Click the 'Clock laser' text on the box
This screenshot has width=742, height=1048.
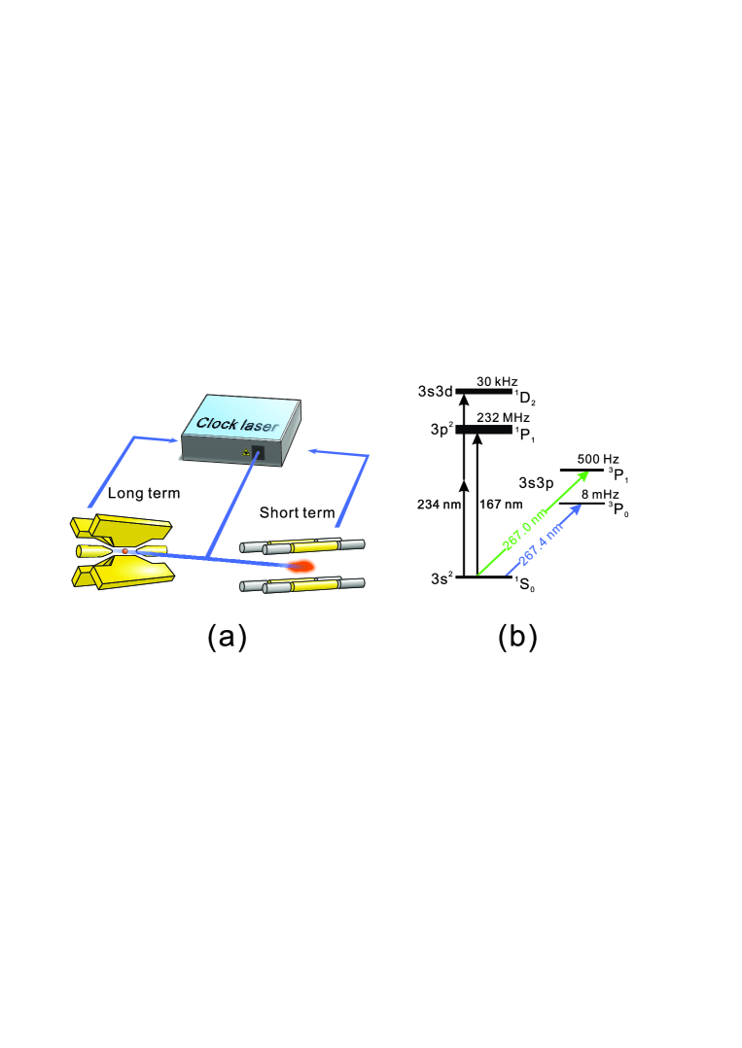pyautogui.click(x=232, y=423)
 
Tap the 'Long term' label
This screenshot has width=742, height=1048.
pyautogui.click(x=144, y=493)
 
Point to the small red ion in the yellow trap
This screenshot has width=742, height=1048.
pyautogui.click(x=125, y=551)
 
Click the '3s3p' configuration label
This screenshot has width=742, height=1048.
pyautogui.click(x=537, y=482)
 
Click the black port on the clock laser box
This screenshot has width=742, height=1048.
pyautogui.click(x=258, y=453)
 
